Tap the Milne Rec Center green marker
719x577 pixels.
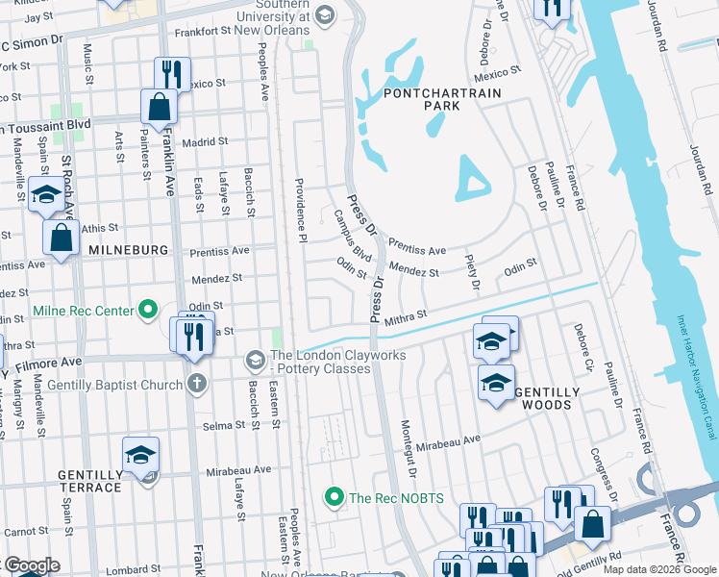[x=147, y=311]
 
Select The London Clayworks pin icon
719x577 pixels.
[x=255, y=360]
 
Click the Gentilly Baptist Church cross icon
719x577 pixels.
[x=196, y=385]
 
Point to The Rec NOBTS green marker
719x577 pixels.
[x=335, y=496]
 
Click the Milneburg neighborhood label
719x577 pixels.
[x=128, y=250]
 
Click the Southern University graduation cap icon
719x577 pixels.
[x=324, y=13]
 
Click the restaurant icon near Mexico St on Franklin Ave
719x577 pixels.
[x=172, y=73]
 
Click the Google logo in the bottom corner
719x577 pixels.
[x=32, y=565]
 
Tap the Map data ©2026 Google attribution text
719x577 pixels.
[x=658, y=569]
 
